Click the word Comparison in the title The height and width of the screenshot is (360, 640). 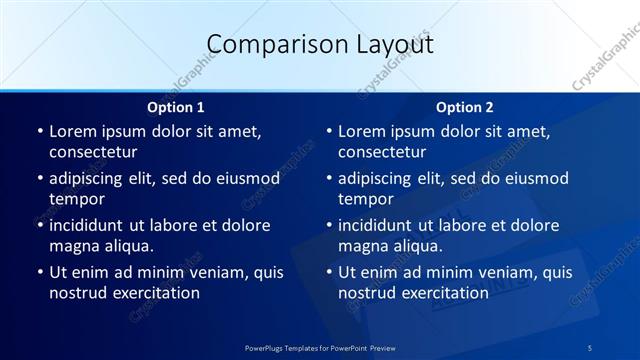pyautogui.click(x=267, y=45)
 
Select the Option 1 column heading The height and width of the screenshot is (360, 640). pyautogui.click(x=176, y=106)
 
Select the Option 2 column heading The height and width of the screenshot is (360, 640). pyautogui.click(x=465, y=106)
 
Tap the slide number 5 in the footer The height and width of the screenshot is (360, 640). pyautogui.click(x=590, y=346)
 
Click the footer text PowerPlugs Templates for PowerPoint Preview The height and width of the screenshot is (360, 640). pyautogui.click(x=320, y=346)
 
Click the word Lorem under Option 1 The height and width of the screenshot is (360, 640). pyautogui.click(x=73, y=131)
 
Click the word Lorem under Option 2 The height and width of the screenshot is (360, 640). pyautogui.click(x=362, y=131)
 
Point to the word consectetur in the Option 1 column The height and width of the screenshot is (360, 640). pyautogui.click(x=93, y=152)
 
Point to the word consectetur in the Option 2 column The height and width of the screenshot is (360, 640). pyautogui.click(x=382, y=152)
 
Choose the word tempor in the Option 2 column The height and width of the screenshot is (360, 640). pyautogui.click(x=365, y=199)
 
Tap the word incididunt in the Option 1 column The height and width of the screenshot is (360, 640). pyautogui.click(x=90, y=225)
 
